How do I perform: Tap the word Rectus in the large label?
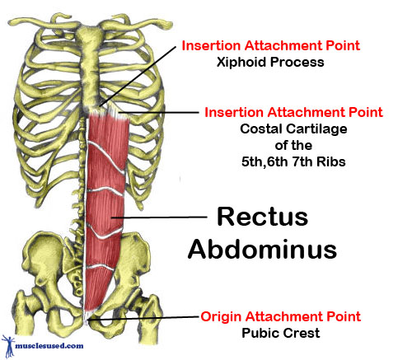pos(262,217)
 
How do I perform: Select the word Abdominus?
pos(262,249)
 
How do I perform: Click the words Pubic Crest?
pos(281,333)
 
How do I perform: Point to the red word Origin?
pos(221,317)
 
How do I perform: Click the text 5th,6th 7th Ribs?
pos(293,161)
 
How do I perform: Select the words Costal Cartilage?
pos(293,129)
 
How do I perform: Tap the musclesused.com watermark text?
pos(49,345)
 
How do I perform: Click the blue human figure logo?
pos(8,345)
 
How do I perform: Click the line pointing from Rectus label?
pos(159,217)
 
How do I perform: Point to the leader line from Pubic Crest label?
pos(143,318)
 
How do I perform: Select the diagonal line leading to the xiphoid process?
pos(138,76)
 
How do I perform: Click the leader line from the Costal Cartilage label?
pos(158,112)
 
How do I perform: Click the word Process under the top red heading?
pos(297,62)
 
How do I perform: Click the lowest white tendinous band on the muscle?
pos(100,267)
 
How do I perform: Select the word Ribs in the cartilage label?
pos(331,161)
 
